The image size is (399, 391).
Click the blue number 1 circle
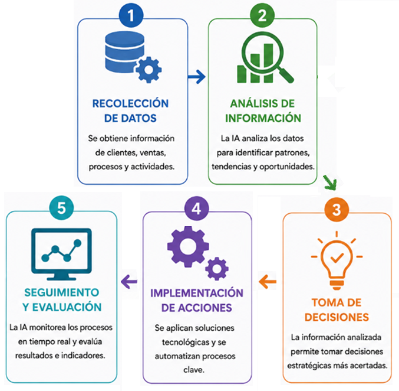click(131, 15)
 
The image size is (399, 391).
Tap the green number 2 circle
click(262, 15)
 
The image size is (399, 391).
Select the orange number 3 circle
click(337, 210)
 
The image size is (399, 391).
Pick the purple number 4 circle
click(197, 208)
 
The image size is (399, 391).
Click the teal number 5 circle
click(61, 208)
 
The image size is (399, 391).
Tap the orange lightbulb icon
click(337, 260)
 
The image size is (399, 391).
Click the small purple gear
click(217, 269)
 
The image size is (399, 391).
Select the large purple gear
click(188, 247)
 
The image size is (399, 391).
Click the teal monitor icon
click(61, 254)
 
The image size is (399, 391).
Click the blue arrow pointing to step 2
click(196, 76)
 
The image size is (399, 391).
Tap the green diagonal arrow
click(330, 182)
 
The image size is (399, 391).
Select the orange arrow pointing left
click(268, 282)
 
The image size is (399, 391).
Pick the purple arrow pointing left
click(129, 282)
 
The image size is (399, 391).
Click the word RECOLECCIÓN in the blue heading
click(130, 103)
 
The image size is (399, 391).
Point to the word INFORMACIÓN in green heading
click(263, 118)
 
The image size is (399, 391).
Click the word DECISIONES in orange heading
click(337, 317)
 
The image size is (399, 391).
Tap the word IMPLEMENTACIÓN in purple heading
click(197, 293)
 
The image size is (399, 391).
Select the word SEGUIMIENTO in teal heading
click(61, 292)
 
